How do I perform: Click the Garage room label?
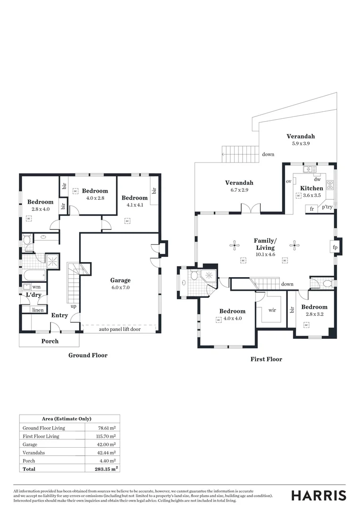tap(120, 280)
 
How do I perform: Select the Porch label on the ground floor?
tap(50, 341)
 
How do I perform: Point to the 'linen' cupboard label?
tap(38, 310)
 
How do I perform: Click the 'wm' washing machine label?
tap(37, 287)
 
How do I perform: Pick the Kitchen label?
tap(311, 188)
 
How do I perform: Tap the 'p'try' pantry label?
tap(327, 206)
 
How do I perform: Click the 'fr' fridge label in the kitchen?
tap(312, 208)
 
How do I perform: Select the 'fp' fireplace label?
tap(335, 247)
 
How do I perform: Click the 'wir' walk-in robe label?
tap(272, 310)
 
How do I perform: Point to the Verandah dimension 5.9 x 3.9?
tap(300, 143)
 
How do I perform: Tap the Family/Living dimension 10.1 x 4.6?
tap(265, 254)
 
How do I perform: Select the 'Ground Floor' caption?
tap(88, 355)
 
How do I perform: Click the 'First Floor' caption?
tap(267, 359)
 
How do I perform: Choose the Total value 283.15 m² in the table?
tap(102, 469)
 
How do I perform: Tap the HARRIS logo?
tap(319, 495)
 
